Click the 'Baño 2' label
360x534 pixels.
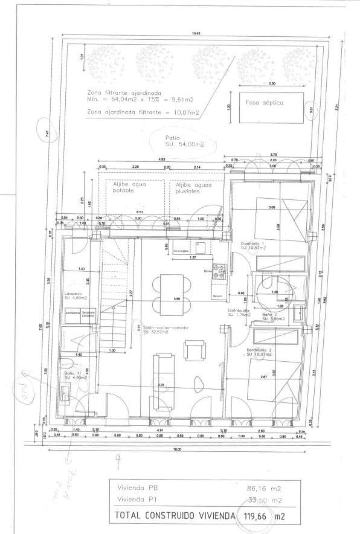point(271,316)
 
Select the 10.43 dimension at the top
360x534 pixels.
point(195,34)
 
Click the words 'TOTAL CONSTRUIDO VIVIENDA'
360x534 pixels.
point(172,516)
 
